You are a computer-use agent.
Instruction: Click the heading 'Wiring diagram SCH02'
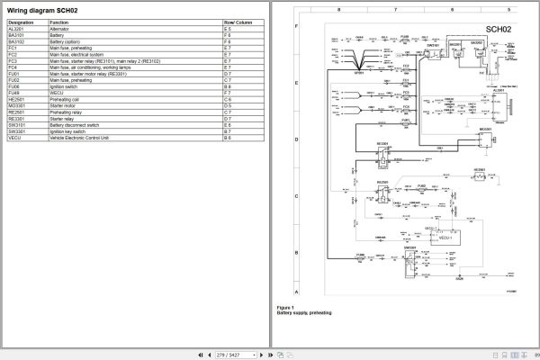42,11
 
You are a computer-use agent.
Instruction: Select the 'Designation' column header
21,22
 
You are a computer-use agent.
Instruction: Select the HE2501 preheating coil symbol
479,176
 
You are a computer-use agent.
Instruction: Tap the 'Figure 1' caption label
286,307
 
